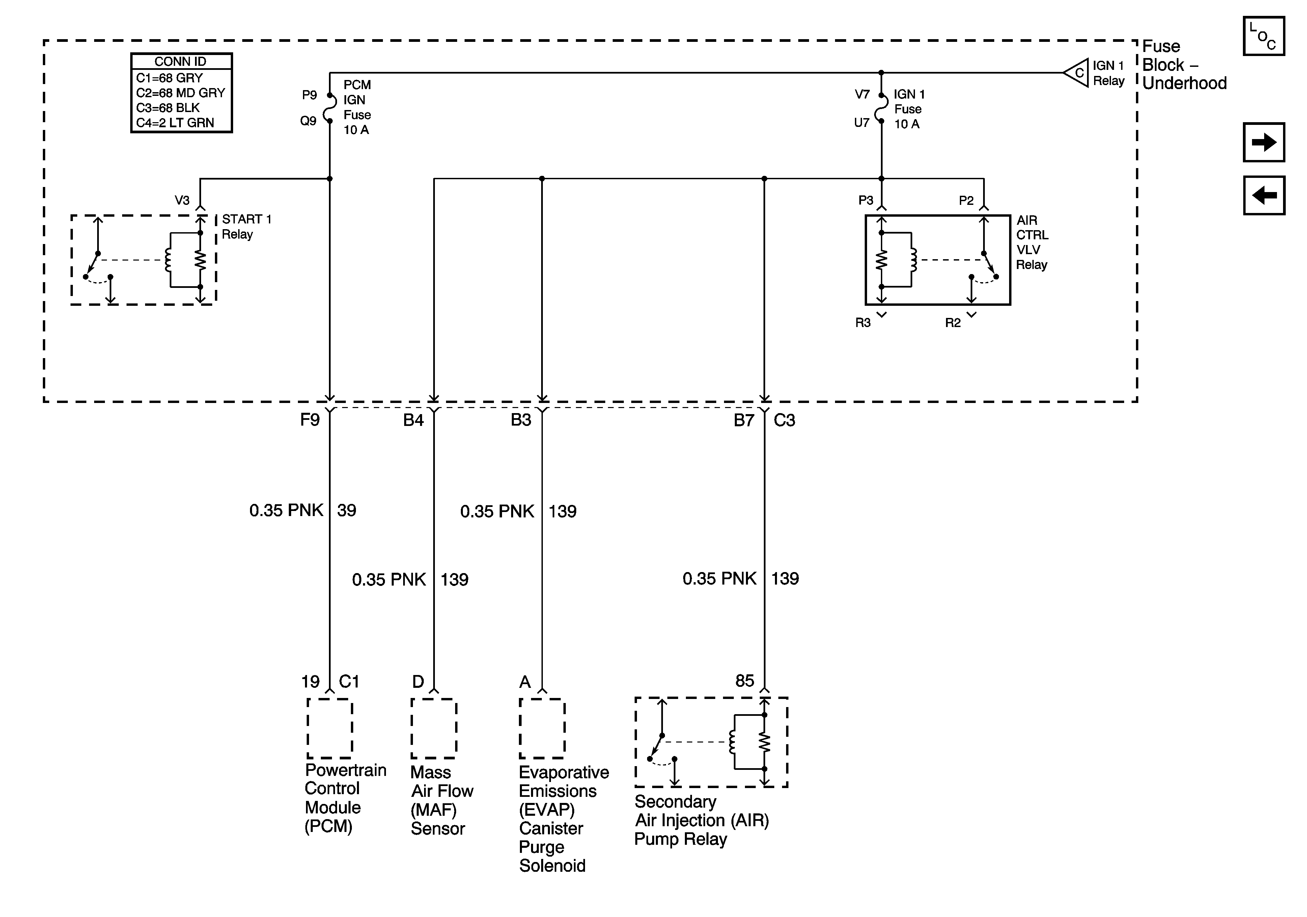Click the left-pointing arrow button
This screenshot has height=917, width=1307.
[1264, 195]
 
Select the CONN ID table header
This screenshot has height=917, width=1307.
[181, 61]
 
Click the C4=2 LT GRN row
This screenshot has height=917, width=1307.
[175, 123]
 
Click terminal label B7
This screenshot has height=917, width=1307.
[744, 420]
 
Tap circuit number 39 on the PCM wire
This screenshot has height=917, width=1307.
[347, 510]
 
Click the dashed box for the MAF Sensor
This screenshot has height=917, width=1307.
[434, 728]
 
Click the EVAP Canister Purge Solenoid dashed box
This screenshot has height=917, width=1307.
[541, 728]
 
